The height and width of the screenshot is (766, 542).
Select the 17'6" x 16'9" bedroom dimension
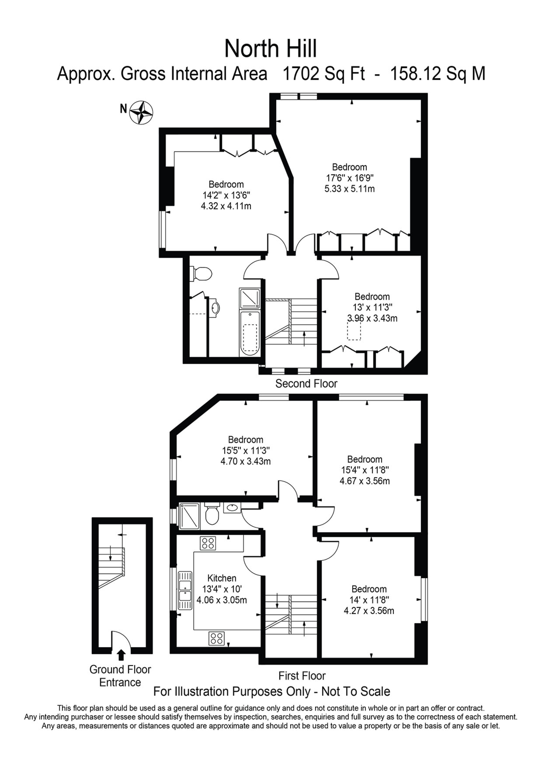(349, 178)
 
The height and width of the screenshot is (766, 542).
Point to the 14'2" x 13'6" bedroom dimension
(226, 195)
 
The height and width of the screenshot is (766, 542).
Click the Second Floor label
(306, 384)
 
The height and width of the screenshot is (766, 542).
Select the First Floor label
(302, 676)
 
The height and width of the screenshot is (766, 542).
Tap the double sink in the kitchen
(185, 590)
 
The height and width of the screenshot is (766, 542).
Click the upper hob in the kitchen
(208, 543)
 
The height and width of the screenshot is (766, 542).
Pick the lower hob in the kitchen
(216, 638)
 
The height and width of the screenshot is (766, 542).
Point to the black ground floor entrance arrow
(121, 654)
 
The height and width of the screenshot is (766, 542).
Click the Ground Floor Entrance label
(120, 676)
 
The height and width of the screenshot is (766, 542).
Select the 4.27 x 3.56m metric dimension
(369, 610)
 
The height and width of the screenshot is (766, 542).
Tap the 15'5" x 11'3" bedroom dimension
(246, 451)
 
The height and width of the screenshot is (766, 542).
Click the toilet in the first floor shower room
(212, 515)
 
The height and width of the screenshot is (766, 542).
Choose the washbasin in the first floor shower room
(232, 508)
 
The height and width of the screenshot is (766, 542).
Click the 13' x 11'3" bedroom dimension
(372, 307)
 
